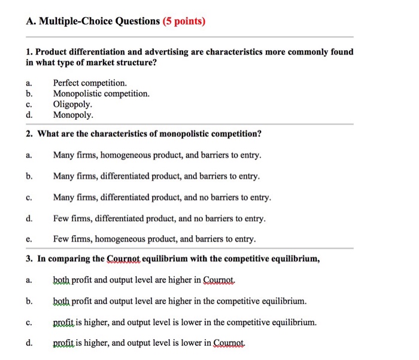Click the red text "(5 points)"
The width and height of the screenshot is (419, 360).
coord(184,22)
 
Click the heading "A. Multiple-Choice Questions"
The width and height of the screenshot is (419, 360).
coord(93,22)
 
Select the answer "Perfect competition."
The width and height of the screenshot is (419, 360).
coord(90,83)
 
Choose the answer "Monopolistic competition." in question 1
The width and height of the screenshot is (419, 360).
coord(101,94)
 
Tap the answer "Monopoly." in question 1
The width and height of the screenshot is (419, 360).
coord(73,115)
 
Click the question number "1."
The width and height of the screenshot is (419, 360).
coord(29,52)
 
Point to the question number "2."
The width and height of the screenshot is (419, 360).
coord(29,133)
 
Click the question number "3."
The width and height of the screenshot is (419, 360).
coord(29,259)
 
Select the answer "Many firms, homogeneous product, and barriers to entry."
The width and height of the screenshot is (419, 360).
coord(157,155)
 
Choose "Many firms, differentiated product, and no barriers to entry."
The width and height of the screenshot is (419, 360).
coord(162,197)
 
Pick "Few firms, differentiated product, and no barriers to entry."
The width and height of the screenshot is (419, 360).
coord(159,218)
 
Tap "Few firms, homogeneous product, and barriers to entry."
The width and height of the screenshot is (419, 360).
coord(154,239)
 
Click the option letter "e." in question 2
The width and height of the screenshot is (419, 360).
coord(29,239)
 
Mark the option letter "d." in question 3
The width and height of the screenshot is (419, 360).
coord(29,343)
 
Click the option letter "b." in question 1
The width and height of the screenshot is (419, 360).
coord(29,94)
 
